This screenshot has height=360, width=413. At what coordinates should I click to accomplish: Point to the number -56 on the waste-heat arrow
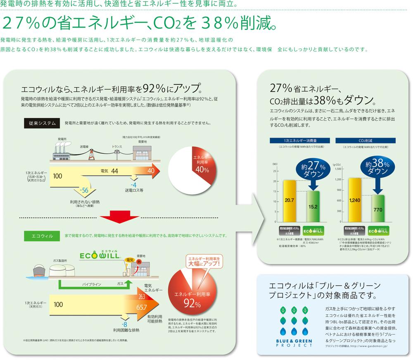click(x=84, y=191)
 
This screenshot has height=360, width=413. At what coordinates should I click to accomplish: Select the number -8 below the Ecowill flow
click(x=123, y=324)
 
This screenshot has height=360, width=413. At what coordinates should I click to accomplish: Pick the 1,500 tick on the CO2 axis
click(x=338, y=169)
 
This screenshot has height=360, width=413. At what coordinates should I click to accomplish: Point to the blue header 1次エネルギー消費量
click(x=295, y=141)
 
